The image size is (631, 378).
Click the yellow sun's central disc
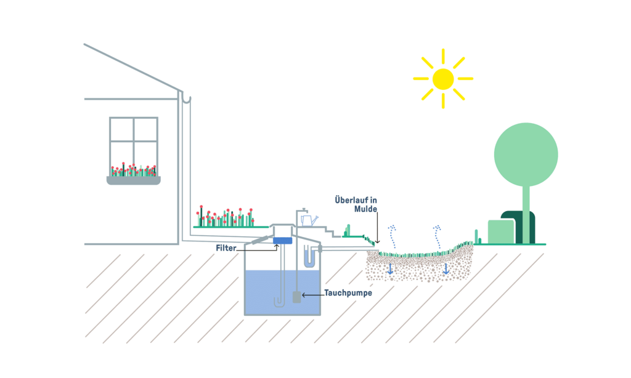[x=442, y=79]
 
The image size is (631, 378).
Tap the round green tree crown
[x=526, y=154]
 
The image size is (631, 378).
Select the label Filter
[x=226, y=247]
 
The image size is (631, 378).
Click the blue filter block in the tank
[x=282, y=240]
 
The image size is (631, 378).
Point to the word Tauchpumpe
[x=348, y=294]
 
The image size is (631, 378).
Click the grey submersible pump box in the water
[x=296, y=297]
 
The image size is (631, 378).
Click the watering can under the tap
[x=308, y=220]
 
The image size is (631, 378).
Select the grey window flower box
[x=134, y=180]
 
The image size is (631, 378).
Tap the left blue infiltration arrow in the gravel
[x=390, y=269]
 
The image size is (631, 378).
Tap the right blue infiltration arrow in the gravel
[x=446, y=268]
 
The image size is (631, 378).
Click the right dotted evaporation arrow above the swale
[x=438, y=235]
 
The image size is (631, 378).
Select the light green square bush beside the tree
[x=500, y=231]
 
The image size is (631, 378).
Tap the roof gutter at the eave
[x=185, y=97]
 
